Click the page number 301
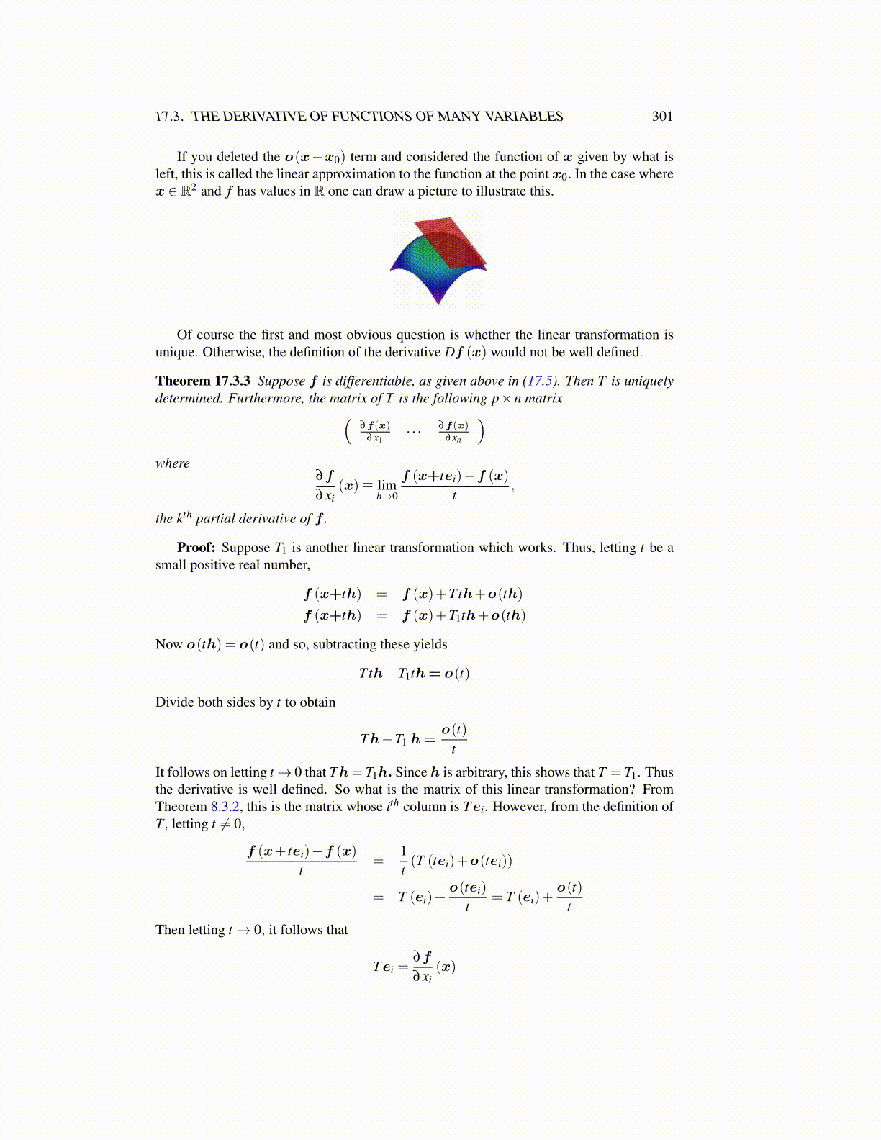tap(662, 117)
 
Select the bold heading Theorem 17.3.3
tap(203, 381)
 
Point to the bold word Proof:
tap(196, 548)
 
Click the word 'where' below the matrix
tap(173, 463)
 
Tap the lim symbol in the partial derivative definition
tap(387, 486)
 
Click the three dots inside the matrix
tap(413, 432)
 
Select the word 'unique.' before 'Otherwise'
tap(177, 353)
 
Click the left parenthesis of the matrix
tap(348, 432)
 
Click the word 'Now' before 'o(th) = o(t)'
tap(169, 645)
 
